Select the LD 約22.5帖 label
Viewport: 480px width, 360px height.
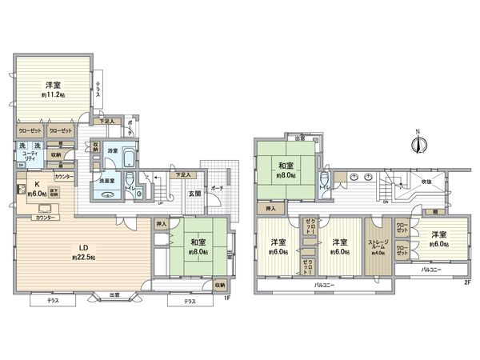(82, 253)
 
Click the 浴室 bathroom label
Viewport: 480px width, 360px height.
(112, 150)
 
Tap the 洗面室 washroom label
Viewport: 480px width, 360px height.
(108, 181)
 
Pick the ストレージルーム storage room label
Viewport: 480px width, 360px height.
(379, 246)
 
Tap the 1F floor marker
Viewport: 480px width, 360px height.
(228, 298)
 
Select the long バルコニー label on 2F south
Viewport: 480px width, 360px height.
(325, 285)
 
